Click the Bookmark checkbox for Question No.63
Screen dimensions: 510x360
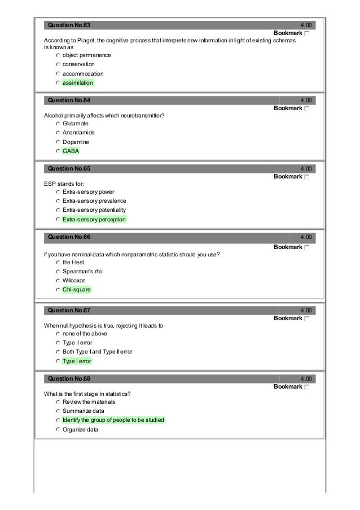(306, 35)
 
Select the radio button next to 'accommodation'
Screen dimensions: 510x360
(58, 74)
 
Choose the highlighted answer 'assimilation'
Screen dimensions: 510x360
(78, 83)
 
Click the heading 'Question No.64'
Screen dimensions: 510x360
(69, 100)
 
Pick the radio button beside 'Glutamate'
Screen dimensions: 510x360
(58, 123)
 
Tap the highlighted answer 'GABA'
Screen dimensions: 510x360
(71, 151)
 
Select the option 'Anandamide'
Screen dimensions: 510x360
(78, 132)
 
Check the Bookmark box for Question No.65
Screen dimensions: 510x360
(306, 177)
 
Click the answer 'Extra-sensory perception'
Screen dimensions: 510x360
(94, 219)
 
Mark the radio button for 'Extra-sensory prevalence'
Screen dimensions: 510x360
(58, 201)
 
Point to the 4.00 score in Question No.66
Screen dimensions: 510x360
(307, 237)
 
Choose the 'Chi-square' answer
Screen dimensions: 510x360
(76, 290)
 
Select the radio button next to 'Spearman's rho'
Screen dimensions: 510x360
(58, 272)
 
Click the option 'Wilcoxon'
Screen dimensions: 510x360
(74, 281)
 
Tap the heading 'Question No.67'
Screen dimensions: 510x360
(69, 311)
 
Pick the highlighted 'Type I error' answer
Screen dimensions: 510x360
(77, 361)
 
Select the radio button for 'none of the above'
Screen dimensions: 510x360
(58, 334)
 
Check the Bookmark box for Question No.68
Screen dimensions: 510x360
(306, 387)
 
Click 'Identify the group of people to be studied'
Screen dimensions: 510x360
(113, 420)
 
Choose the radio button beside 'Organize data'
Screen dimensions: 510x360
(58, 430)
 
